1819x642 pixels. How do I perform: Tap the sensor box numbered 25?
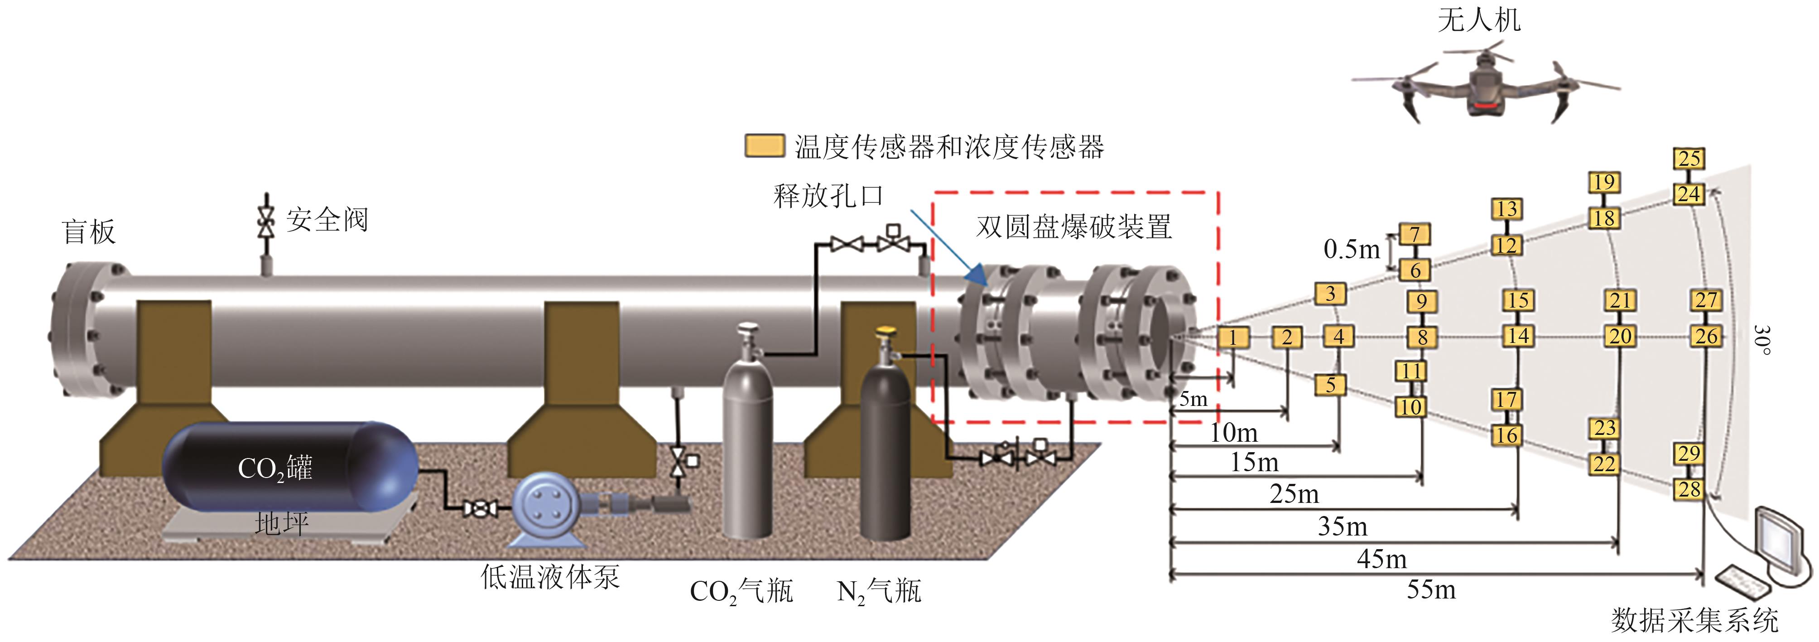(1689, 158)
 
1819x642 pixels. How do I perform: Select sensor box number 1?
(1233, 338)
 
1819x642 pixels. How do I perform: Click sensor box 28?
(1689, 489)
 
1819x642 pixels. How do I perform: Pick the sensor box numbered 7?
(1415, 234)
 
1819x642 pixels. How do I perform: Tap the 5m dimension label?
(1193, 400)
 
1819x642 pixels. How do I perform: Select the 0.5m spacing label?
(1351, 249)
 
